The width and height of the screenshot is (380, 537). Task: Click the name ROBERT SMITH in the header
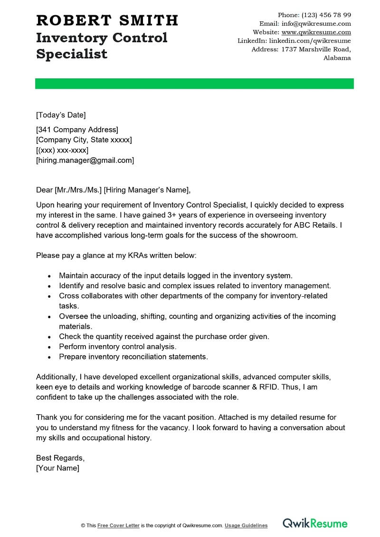coord(107,20)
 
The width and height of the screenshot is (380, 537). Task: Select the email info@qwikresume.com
coord(316,24)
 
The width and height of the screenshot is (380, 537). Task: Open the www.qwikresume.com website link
coord(316,32)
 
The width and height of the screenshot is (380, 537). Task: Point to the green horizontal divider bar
coord(194,84)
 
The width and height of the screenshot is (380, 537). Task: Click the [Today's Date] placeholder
coord(61,115)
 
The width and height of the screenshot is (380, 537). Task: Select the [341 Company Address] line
coord(77,130)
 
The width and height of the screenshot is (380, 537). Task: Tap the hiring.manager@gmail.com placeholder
coord(85,160)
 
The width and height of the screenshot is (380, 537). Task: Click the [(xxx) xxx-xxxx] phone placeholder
coord(62,150)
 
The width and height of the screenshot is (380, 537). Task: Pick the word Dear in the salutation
coord(45,190)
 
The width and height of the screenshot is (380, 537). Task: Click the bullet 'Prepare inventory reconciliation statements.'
coord(133,357)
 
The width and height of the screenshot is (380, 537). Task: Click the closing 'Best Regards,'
coord(60,458)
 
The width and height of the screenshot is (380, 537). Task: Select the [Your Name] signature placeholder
coord(58,468)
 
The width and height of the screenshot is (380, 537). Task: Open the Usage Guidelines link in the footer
coord(246,526)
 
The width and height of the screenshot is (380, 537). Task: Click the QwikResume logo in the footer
coord(315,524)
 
